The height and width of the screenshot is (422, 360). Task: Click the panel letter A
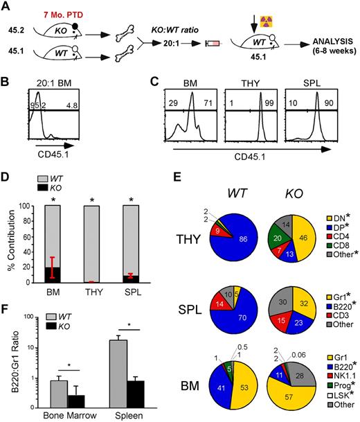point(6,7)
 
